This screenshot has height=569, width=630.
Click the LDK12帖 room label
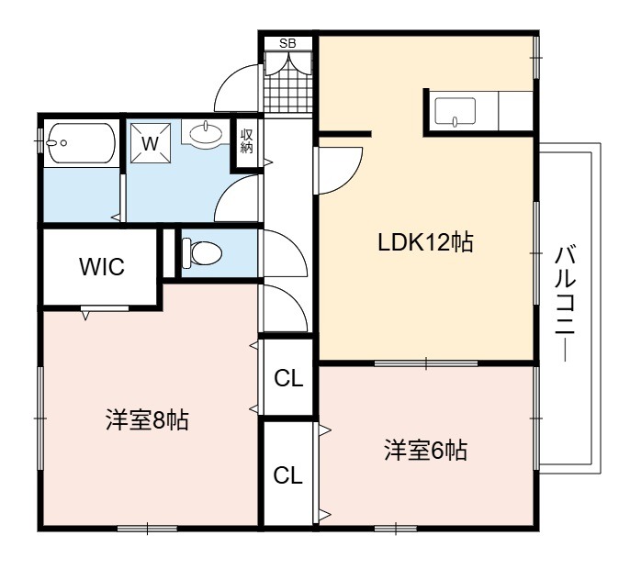[425, 242]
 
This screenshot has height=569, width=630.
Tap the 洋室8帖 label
[147, 420]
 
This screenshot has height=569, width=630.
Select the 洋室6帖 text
[425, 450]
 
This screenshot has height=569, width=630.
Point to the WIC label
[102, 267]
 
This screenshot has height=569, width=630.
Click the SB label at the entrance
[287, 43]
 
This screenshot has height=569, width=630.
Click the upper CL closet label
[288, 378]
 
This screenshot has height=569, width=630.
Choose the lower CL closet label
[287, 475]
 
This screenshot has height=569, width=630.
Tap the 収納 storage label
[247, 141]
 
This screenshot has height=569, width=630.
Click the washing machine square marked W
[151, 143]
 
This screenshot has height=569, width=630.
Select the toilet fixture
[202, 253]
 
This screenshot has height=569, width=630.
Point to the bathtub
[81, 143]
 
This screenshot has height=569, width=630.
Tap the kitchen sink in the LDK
[456, 111]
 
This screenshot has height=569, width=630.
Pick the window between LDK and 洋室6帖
[426, 363]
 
